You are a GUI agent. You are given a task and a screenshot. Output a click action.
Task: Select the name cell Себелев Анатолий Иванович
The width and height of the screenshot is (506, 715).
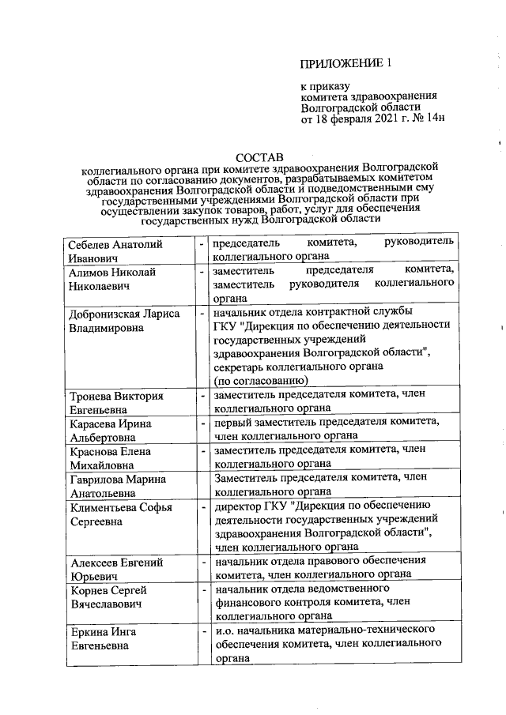pyautogui.click(x=115, y=251)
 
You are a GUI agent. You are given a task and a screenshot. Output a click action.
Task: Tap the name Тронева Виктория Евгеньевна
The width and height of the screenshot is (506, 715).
pyautogui.click(x=115, y=403)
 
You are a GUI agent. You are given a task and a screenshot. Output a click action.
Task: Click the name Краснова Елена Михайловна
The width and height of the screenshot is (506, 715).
pyautogui.click(x=111, y=457)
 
